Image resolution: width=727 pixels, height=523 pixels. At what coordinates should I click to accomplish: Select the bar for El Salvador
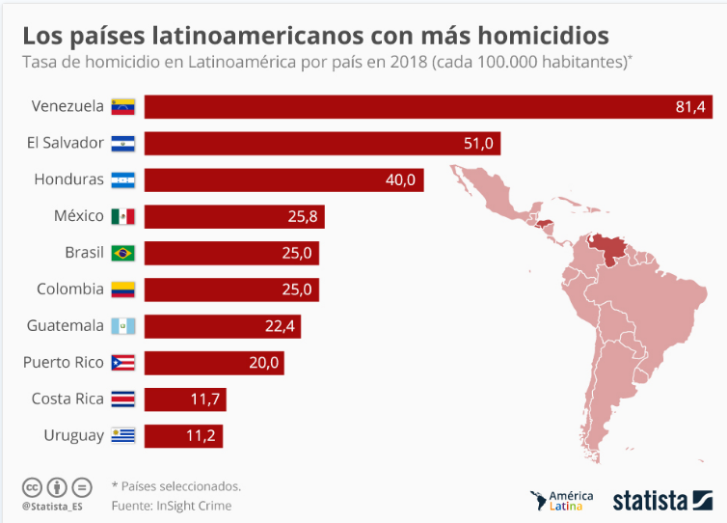322,143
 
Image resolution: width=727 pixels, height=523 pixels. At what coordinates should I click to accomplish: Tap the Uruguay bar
183,435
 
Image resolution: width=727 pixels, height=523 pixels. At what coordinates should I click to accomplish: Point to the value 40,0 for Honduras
400,179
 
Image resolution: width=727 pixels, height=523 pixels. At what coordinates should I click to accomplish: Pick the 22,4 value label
280,326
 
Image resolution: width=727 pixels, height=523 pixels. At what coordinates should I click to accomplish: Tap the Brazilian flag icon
123,253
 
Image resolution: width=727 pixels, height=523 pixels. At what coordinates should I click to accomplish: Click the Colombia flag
123,289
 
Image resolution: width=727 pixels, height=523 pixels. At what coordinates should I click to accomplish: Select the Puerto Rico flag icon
123,363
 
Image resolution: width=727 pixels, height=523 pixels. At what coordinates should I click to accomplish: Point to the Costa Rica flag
123,399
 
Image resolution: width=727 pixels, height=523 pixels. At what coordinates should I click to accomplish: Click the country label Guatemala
66,326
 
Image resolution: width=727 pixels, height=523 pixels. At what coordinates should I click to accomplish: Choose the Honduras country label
68,179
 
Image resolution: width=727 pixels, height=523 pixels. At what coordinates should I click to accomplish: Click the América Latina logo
563,500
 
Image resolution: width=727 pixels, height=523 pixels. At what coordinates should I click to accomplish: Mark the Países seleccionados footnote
177,486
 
